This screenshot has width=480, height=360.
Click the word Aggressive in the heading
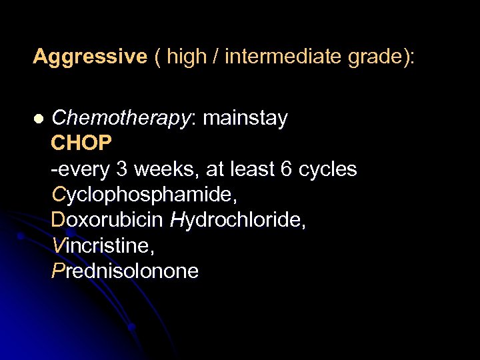pyautogui.click(x=89, y=57)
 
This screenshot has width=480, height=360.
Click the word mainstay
pyautogui.click(x=245, y=119)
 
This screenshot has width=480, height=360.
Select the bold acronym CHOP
pyautogui.click(x=81, y=144)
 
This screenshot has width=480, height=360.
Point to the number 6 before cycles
pyautogui.click(x=286, y=169)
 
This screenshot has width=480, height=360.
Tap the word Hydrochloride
pyautogui.click(x=238, y=221)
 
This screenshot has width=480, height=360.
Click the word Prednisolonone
pyautogui.click(x=125, y=271)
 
